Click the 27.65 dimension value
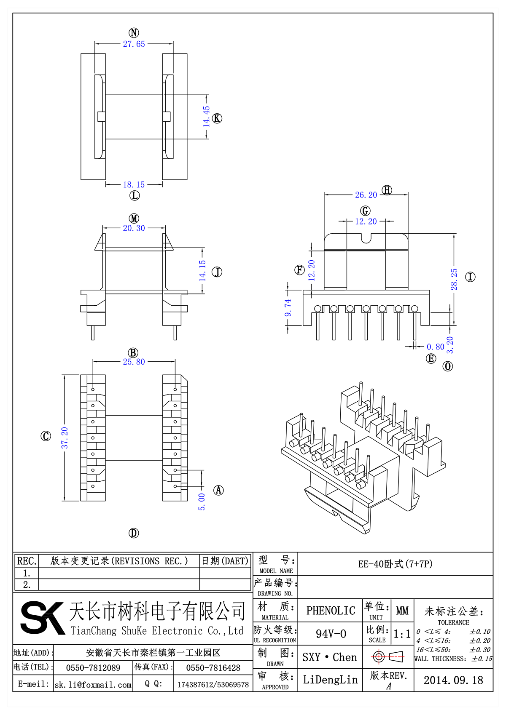[134, 44]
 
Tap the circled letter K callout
[217, 118]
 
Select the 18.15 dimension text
[134, 184]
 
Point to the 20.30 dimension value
[134, 228]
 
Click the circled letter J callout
[217, 272]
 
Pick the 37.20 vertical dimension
[65, 438]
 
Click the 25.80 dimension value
[134, 362]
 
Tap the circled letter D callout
[134, 533]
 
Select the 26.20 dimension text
[366, 195]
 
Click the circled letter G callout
[365, 211]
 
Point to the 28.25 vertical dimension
[454, 279]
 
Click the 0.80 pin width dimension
[435, 347]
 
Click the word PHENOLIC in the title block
[331, 611]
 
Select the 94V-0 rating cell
[331, 634]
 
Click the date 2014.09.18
[453, 680]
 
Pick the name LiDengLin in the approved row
[330, 680]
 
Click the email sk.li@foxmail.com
[93, 685]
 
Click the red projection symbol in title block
[388, 656]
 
